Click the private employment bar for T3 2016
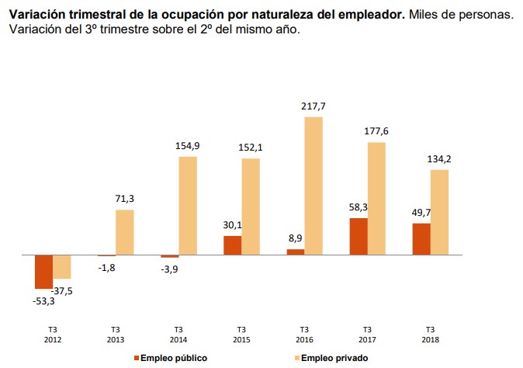(313, 186)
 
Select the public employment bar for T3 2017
(358, 236)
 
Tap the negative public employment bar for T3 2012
(43, 271)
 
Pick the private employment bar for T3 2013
(124, 232)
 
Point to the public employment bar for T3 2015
(232, 245)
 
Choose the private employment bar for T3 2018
(439, 212)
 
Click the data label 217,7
(313, 106)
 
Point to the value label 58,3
(358, 208)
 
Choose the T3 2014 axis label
(178, 334)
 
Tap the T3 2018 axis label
(430, 334)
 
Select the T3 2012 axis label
(52, 334)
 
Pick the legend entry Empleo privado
(334, 358)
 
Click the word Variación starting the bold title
(36, 15)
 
